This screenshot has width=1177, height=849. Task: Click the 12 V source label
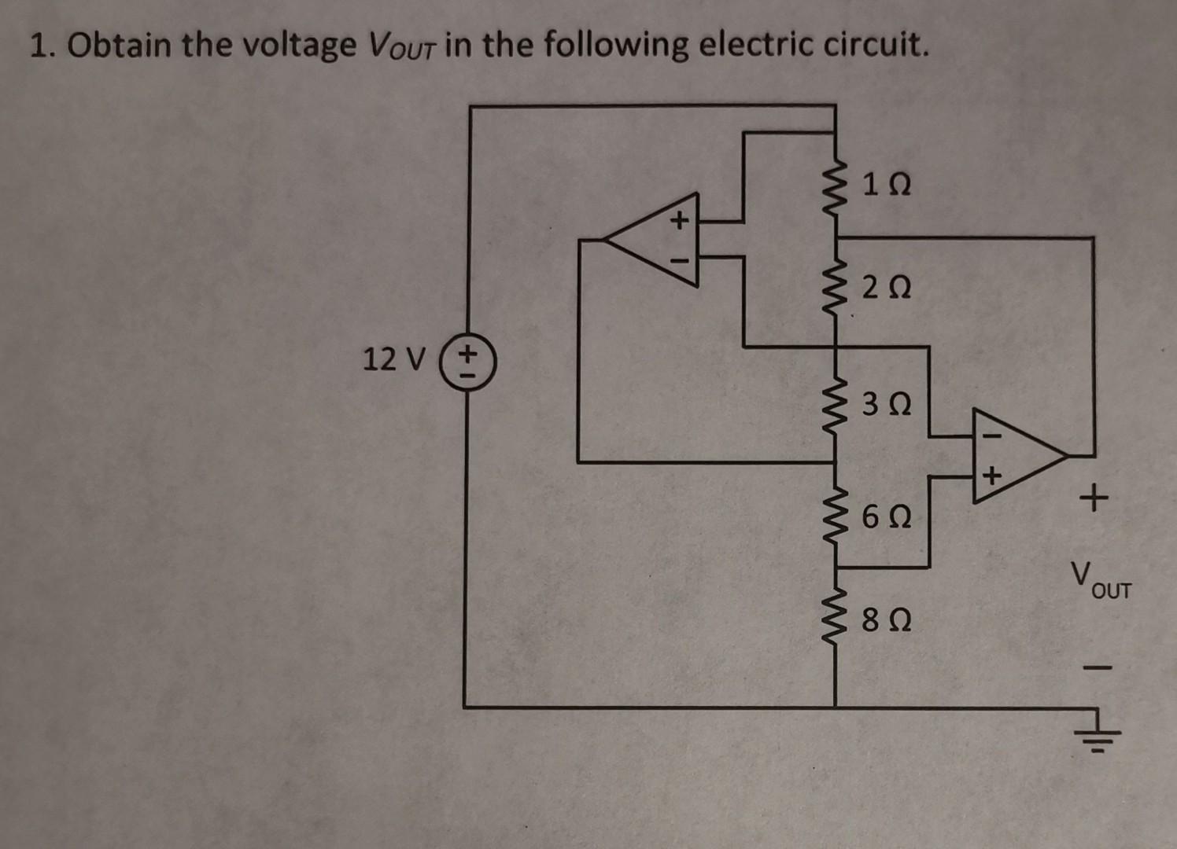393,360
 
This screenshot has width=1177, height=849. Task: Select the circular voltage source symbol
467,364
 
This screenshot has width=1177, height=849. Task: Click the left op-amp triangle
652,237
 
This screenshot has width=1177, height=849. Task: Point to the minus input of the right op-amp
991,433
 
